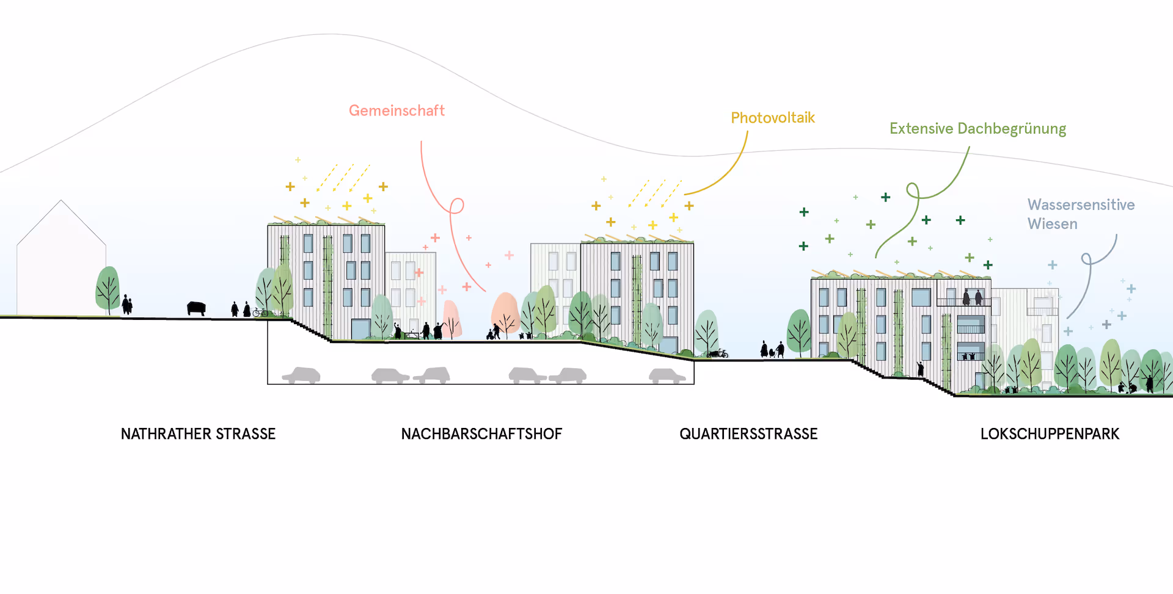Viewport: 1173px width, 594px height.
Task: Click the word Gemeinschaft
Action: pos(396,110)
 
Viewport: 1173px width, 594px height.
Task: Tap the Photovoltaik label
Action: pos(773,118)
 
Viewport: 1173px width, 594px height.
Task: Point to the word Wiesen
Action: pos(1052,224)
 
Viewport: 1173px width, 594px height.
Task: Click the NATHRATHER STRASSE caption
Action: pos(198,434)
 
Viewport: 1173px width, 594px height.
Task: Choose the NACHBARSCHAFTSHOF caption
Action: pos(481,434)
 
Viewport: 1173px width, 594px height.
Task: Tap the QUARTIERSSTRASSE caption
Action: pos(748,434)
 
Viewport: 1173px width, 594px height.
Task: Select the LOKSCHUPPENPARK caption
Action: pos(1050,434)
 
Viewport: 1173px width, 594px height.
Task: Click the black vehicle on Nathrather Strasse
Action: pos(196,308)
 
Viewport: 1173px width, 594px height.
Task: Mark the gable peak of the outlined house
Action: pos(61,200)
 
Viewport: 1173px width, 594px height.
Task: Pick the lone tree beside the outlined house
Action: pos(108,289)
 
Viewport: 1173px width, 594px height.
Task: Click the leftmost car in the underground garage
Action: pos(301,375)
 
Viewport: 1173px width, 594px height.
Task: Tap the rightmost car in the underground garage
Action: pos(667,375)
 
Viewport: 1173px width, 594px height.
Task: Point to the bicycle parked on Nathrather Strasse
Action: pos(260,313)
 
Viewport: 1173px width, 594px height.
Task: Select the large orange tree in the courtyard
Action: pos(505,312)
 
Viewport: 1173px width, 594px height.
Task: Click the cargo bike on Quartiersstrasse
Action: pos(718,353)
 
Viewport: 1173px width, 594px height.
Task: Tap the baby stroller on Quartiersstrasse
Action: pos(772,353)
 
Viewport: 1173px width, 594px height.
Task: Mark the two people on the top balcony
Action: pos(972,298)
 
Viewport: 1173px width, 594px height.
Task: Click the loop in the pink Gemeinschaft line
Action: pos(456,206)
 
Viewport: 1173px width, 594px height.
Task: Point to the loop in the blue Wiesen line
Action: pos(1087,259)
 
